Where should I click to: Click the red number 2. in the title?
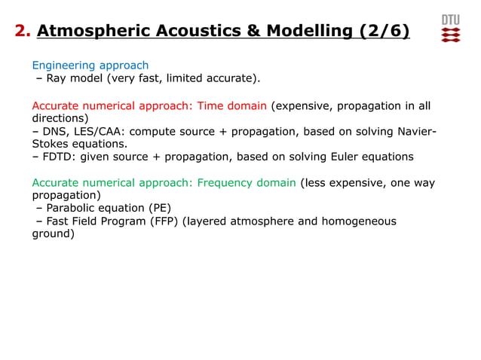[x=23, y=31]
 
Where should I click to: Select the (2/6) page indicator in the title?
[x=384, y=31]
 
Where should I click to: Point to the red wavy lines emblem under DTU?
[x=450, y=35]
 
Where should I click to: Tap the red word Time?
[x=210, y=105]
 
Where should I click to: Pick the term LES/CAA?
[x=103, y=131]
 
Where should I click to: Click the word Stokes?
[x=50, y=144]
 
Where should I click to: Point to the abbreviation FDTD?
[x=60, y=157]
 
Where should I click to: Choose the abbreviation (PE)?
[x=159, y=208]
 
